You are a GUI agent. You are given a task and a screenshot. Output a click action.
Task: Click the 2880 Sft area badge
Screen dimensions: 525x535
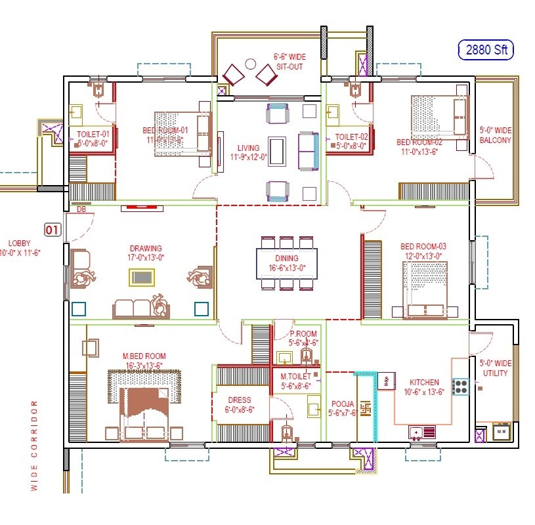[485, 49]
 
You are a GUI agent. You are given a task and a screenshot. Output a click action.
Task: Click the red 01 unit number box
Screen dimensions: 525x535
[53, 230]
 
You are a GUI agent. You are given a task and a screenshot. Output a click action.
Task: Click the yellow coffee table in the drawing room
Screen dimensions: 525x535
[142, 278]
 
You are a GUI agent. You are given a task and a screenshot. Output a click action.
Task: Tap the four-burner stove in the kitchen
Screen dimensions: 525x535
[460, 387]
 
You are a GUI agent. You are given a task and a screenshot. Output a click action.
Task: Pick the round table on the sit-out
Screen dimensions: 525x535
[250, 64]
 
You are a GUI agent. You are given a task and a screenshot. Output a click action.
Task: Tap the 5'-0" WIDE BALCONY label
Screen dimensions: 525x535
[495, 135]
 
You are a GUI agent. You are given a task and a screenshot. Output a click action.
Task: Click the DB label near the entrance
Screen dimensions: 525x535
[81, 209]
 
